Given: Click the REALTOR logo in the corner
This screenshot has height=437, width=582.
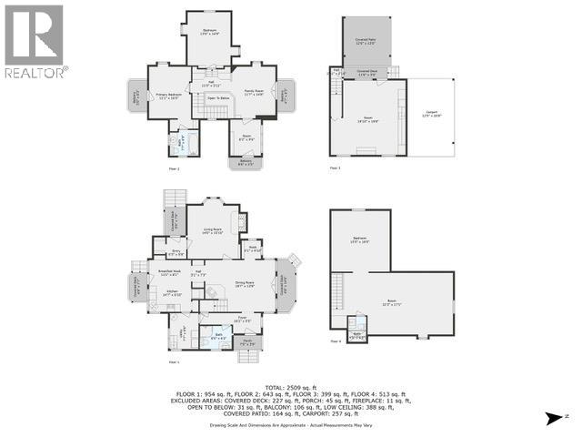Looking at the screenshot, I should (x=34, y=41).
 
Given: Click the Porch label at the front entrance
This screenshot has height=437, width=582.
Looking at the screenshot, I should (x=246, y=343).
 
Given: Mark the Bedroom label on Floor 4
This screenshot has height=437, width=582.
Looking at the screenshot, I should (x=360, y=239).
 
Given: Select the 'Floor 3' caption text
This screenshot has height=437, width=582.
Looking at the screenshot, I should (x=335, y=168).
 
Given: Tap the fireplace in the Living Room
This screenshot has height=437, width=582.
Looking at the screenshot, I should (x=241, y=220).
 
